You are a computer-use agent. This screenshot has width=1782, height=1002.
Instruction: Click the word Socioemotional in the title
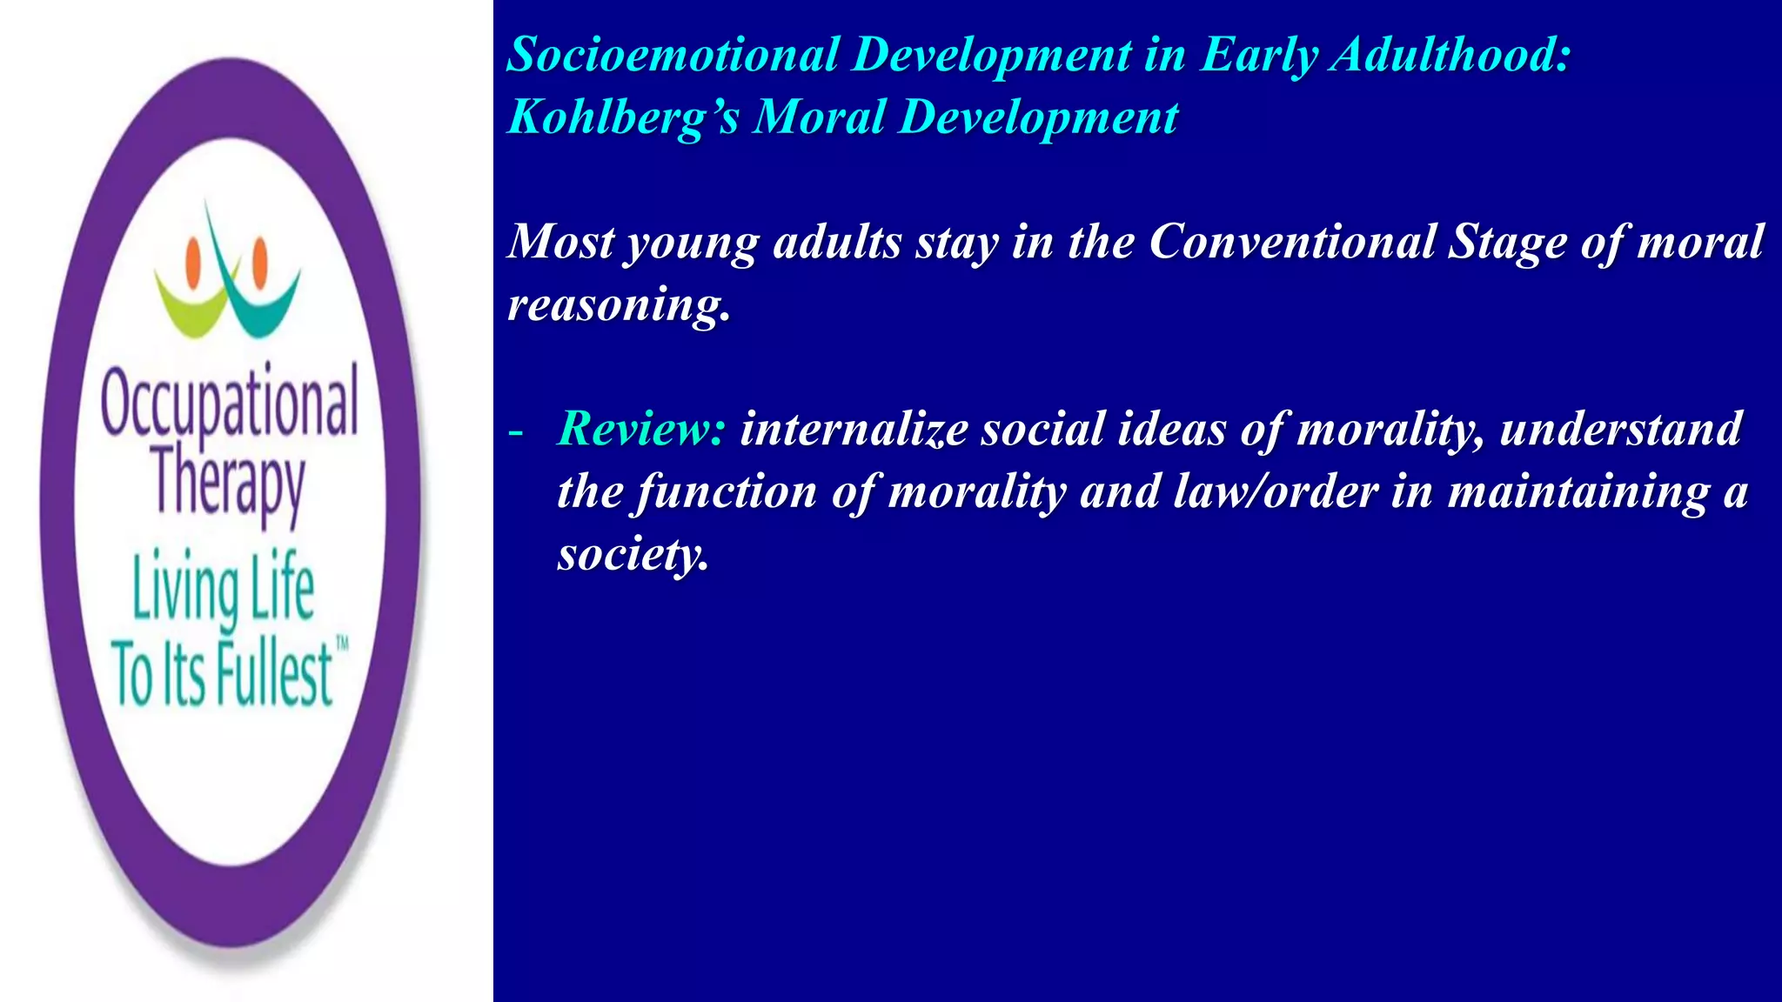[673, 55]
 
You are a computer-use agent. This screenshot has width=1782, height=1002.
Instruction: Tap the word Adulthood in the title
[1451, 55]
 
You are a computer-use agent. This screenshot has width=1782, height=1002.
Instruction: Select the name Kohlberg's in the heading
[622, 117]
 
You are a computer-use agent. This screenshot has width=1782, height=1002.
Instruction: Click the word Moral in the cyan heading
[819, 117]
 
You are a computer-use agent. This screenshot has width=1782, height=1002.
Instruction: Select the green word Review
[641, 429]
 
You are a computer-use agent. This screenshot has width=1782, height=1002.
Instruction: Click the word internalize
[854, 429]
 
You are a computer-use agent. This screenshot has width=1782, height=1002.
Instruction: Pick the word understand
[1620, 429]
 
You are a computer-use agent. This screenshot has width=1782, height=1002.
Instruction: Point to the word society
[633, 555]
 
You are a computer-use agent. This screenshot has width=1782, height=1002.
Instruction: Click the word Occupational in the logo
[229, 403]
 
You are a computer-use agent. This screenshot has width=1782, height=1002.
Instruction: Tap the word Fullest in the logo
[274, 673]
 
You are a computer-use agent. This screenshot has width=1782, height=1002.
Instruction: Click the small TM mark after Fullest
[342, 645]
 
